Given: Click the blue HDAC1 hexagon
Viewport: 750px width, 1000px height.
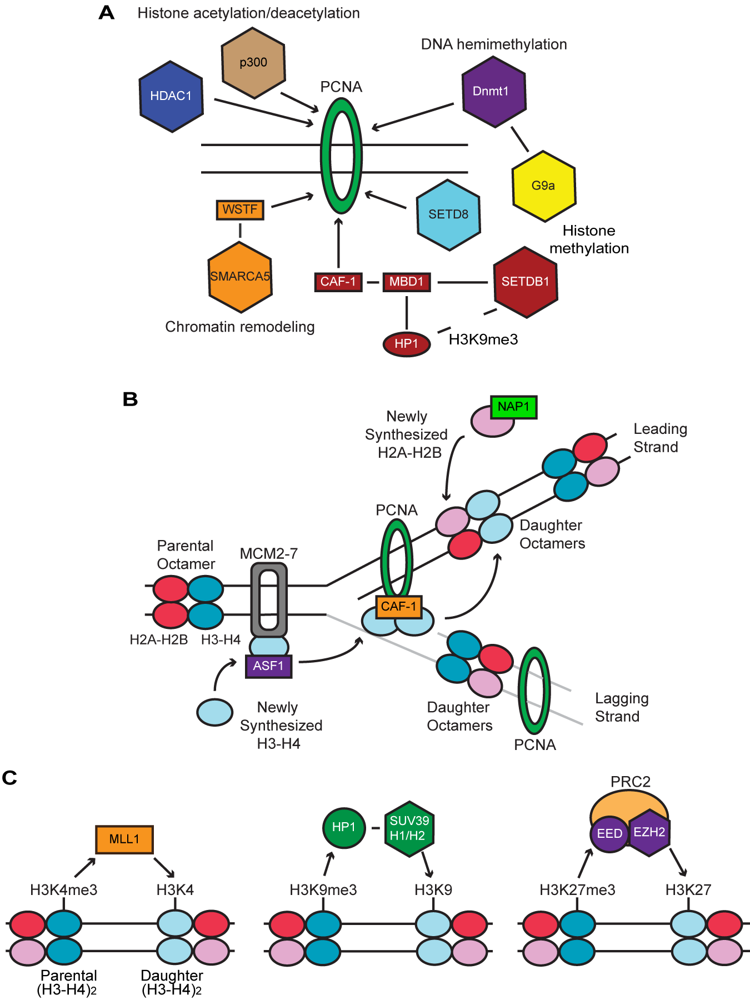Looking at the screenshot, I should pos(171,97).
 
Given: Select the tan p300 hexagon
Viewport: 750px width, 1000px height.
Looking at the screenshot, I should pos(253,63).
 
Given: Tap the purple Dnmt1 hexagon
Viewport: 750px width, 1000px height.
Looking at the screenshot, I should pos(493,92).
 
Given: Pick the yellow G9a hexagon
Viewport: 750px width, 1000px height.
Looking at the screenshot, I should pos(543,186).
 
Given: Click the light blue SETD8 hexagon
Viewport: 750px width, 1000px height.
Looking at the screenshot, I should pos(448,214).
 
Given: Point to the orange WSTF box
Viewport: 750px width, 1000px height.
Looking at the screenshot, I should pos(240,210).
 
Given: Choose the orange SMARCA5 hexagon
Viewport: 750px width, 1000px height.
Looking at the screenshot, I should pos(240,277).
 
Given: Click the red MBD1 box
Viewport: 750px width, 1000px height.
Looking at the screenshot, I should pos(406,282).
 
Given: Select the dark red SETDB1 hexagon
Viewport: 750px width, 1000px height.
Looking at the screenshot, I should pos(525,282).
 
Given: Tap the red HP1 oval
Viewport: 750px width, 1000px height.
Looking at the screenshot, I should pos(406,344).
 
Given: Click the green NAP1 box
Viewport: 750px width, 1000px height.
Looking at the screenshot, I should pos(513,407).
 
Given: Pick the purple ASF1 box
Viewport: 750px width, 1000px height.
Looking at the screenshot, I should pos(268,666).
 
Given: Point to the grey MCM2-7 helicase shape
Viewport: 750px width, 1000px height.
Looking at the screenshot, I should pos(269,600).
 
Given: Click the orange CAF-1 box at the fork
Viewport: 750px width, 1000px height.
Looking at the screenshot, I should pos(398,606).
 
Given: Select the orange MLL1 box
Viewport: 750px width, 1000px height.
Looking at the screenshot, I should pos(124,839).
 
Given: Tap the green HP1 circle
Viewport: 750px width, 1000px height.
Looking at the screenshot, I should pos(344,827).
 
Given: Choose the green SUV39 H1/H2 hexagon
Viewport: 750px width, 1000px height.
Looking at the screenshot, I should pos(409,828).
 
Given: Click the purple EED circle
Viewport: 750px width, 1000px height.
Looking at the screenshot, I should pos(609,834).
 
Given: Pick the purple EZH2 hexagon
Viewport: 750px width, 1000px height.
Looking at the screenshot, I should pos(649,832).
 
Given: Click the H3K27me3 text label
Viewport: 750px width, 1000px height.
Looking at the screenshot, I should pos(577,890).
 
